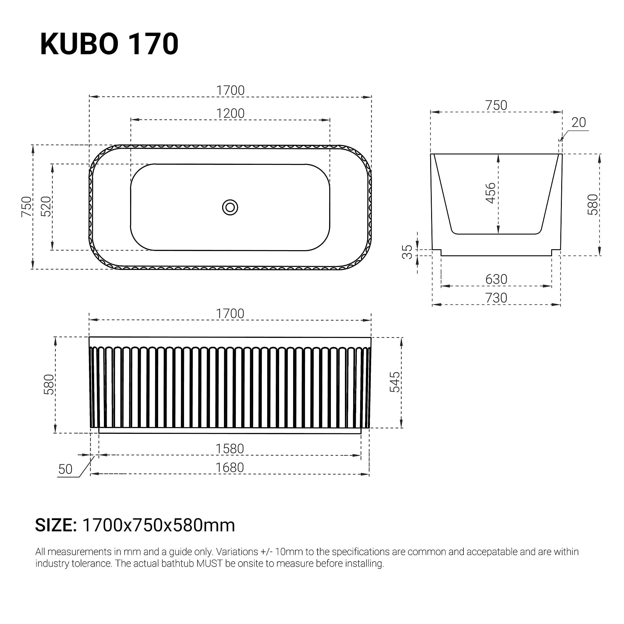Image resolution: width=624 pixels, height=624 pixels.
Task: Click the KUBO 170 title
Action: [x=109, y=44]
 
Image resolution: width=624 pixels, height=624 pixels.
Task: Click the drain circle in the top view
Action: [x=230, y=207]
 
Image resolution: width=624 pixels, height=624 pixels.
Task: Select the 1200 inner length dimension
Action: [x=230, y=113]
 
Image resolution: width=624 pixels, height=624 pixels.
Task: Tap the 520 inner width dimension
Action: [x=46, y=206]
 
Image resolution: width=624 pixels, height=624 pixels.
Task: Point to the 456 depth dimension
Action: [x=490, y=193]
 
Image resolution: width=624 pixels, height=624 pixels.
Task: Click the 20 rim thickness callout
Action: [x=579, y=123]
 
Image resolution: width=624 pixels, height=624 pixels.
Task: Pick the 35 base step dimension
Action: [x=407, y=252]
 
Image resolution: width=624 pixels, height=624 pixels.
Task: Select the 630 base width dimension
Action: [x=496, y=279]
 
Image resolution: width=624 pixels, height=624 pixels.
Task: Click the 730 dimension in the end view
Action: [x=496, y=298]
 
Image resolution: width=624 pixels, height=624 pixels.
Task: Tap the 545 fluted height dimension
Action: [x=394, y=382]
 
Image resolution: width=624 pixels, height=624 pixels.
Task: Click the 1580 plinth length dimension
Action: [x=230, y=448]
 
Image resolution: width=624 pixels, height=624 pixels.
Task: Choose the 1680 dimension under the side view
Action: [x=230, y=468]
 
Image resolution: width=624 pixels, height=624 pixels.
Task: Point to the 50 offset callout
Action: [x=65, y=469]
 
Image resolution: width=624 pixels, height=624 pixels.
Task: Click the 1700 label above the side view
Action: [x=230, y=314]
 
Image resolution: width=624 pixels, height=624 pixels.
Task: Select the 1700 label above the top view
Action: [x=230, y=90]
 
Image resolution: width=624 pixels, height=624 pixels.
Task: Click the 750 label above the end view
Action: [x=496, y=106]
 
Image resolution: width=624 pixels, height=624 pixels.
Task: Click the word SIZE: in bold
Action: [x=56, y=526]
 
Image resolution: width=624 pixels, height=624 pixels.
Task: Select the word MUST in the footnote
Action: [x=209, y=564]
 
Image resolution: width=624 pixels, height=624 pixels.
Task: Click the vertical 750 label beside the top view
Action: [x=27, y=207]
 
